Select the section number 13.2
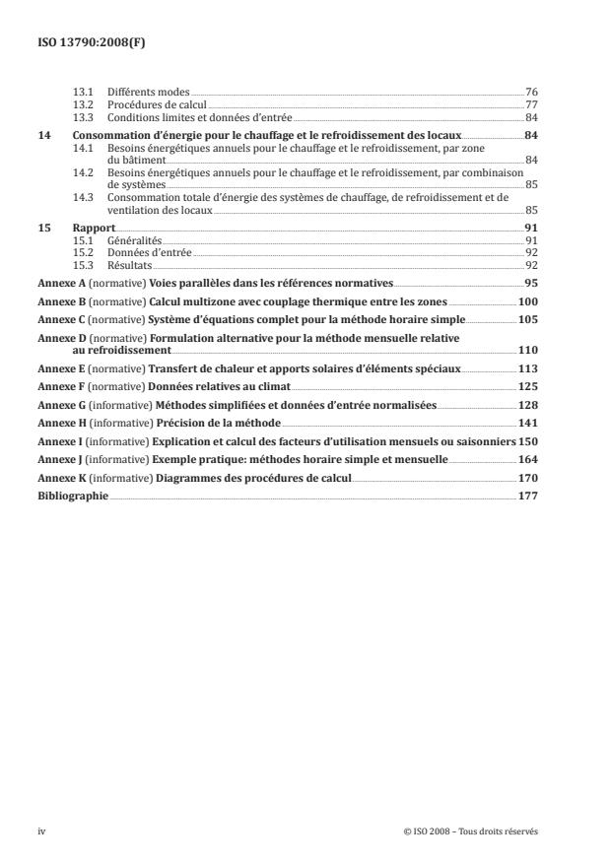tap(83, 104)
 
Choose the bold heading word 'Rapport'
tap(94, 229)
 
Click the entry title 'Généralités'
tap(133, 241)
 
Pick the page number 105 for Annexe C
tap(527, 319)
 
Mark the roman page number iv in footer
tap(41, 831)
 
